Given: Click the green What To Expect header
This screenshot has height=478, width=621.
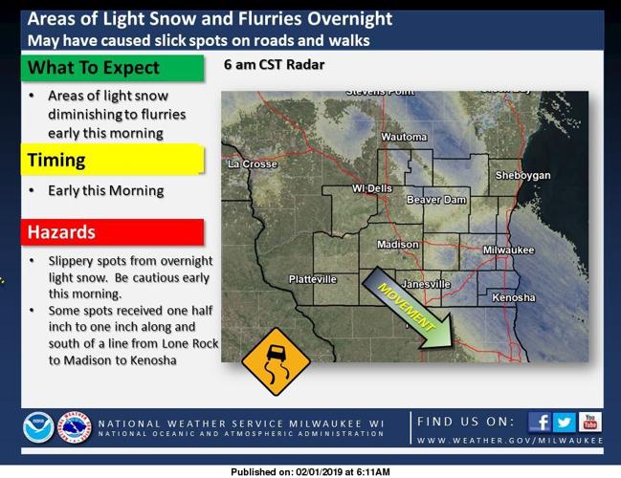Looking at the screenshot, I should (x=113, y=68).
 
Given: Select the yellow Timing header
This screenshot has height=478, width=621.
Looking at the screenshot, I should (x=113, y=160).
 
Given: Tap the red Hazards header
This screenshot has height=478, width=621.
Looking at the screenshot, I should (x=113, y=232).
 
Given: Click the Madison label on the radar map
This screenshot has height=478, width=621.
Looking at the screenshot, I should (x=397, y=245).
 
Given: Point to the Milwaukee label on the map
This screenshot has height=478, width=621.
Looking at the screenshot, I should (x=507, y=250).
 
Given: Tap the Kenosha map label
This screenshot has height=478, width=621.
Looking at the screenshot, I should (x=513, y=298).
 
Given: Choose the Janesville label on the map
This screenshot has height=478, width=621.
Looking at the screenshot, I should (x=427, y=285).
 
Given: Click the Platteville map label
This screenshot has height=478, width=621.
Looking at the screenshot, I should (x=313, y=279).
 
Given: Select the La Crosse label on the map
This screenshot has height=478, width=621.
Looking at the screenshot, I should (x=253, y=164).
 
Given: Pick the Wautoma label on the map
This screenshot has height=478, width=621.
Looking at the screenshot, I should (x=404, y=138).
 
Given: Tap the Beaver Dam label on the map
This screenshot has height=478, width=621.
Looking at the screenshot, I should (x=436, y=200).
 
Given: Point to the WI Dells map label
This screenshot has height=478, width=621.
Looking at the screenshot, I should (x=372, y=188).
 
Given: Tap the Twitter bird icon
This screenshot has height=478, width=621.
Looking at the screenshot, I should (x=565, y=422).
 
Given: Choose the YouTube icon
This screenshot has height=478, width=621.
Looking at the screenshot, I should (x=589, y=422).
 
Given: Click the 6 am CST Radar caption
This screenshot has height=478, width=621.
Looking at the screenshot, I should (x=274, y=65).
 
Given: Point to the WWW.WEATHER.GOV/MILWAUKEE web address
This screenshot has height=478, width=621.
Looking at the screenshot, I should (x=510, y=441).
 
